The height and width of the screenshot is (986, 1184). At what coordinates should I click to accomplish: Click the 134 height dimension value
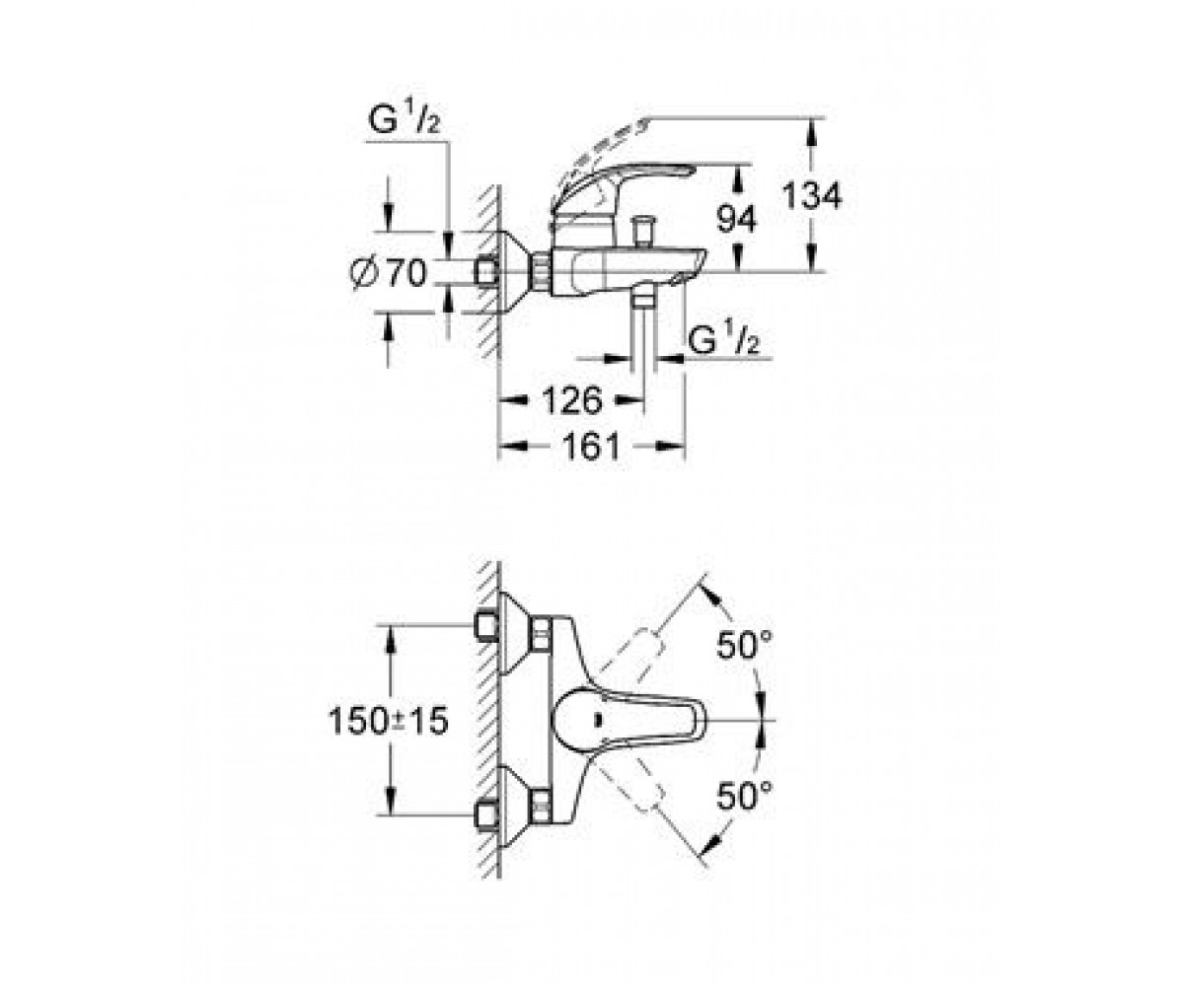pyautogui.click(x=811, y=196)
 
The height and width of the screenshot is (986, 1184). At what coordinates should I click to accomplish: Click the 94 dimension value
pyautogui.click(x=737, y=219)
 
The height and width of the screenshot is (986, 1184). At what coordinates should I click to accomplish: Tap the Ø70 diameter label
pyautogui.click(x=388, y=274)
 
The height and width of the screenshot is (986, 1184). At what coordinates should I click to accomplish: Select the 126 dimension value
pyautogui.click(x=571, y=400)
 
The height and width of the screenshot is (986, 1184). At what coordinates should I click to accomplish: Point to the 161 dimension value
pyautogui.click(x=591, y=447)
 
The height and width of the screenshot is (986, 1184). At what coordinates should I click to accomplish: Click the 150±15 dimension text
pyautogui.click(x=389, y=722)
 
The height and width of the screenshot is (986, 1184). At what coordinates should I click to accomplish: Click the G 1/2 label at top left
pyautogui.click(x=404, y=120)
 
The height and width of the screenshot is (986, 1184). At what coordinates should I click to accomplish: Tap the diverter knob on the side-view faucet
pyautogui.click(x=643, y=230)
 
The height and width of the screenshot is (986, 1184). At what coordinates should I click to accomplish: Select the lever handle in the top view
pyautogui.click(x=629, y=720)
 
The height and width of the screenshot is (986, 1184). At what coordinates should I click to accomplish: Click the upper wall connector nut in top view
pyautogui.click(x=487, y=625)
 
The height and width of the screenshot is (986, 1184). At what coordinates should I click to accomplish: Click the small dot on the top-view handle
pyautogui.click(x=596, y=720)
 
